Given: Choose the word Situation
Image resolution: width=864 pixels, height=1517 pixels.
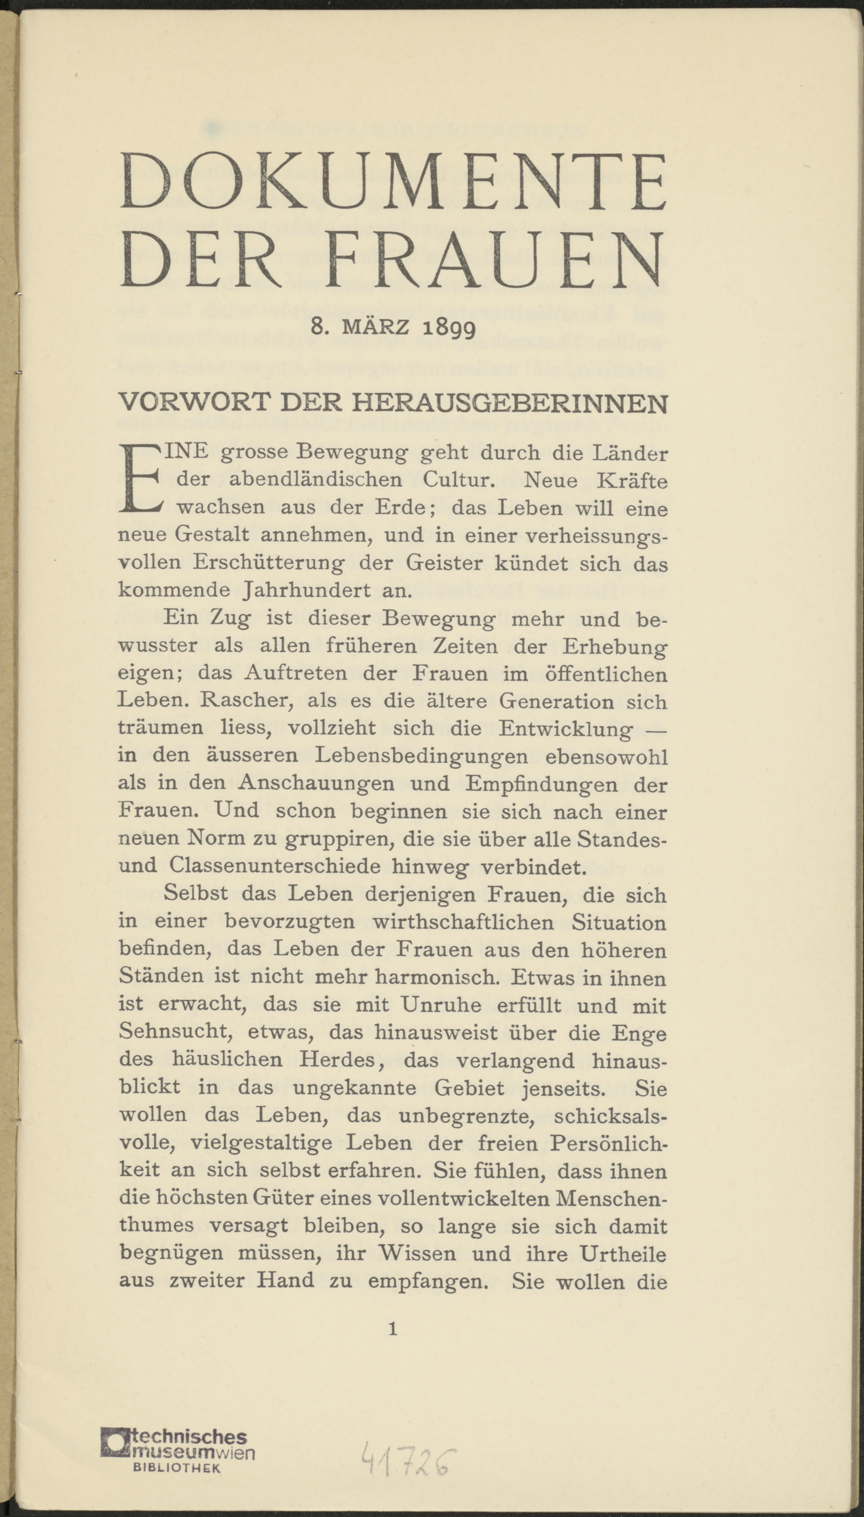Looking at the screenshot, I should (x=619, y=922).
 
